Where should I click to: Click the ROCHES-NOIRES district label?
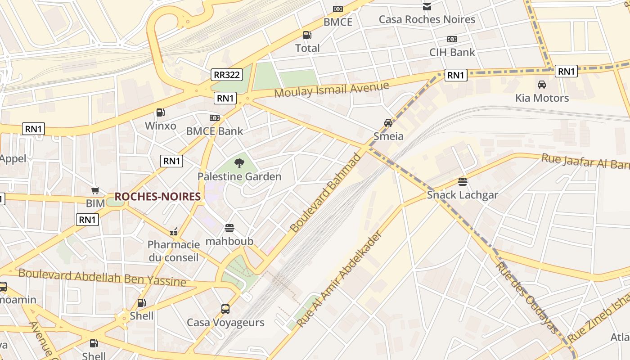tap(157, 197)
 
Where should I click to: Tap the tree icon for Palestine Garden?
tap(239, 163)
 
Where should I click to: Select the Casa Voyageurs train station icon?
tap(225, 309)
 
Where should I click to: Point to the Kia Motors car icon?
tap(542, 85)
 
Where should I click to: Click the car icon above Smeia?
tap(388, 123)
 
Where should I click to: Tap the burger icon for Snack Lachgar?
tap(462, 182)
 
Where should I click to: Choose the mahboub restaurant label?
tap(229, 241)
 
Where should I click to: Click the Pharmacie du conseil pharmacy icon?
tap(174, 232)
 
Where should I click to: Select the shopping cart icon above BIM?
tap(95, 191)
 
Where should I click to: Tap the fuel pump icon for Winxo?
tap(160, 112)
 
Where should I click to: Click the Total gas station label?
tap(307, 48)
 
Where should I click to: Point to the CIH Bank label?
tap(452, 52)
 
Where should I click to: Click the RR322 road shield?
tap(226, 75)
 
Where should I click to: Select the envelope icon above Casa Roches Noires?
tap(427, 7)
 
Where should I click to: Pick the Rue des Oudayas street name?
tap(526, 297)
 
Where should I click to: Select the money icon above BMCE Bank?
tap(215, 118)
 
